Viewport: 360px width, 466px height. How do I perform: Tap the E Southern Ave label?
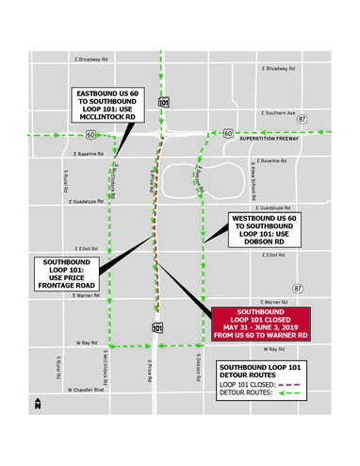coord(277,110)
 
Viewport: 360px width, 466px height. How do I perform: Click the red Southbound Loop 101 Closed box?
coord(259,325)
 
